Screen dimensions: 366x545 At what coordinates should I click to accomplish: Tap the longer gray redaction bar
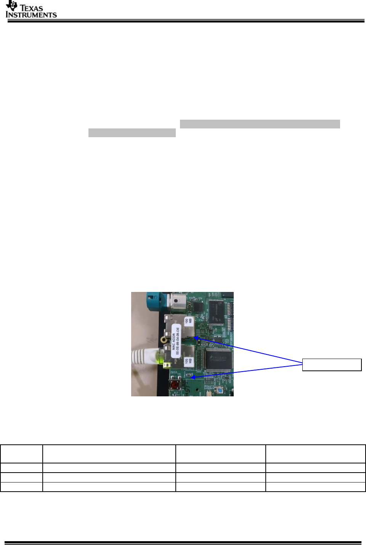(260, 124)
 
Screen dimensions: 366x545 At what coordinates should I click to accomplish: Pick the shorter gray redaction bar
(132, 133)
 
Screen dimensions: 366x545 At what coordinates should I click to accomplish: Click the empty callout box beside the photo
(332, 365)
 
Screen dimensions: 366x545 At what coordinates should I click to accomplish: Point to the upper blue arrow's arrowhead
(196, 337)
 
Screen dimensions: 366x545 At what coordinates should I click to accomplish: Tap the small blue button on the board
(220, 390)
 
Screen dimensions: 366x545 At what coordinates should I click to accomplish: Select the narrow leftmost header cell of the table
(21, 454)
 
